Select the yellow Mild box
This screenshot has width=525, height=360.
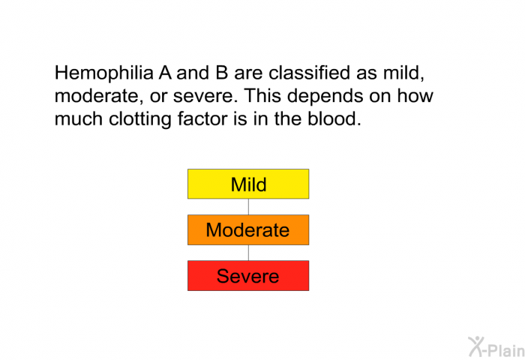pyautogui.click(x=248, y=184)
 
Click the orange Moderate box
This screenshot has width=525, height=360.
pyautogui.click(x=248, y=229)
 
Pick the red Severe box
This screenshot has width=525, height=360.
pyautogui.click(x=248, y=275)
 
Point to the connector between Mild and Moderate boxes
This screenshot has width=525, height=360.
pyautogui.click(x=248, y=207)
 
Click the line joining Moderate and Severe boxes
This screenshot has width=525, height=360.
pyautogui.click(x=248, y=253)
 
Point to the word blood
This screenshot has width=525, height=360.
pyautogui.click(x=329, y=118)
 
